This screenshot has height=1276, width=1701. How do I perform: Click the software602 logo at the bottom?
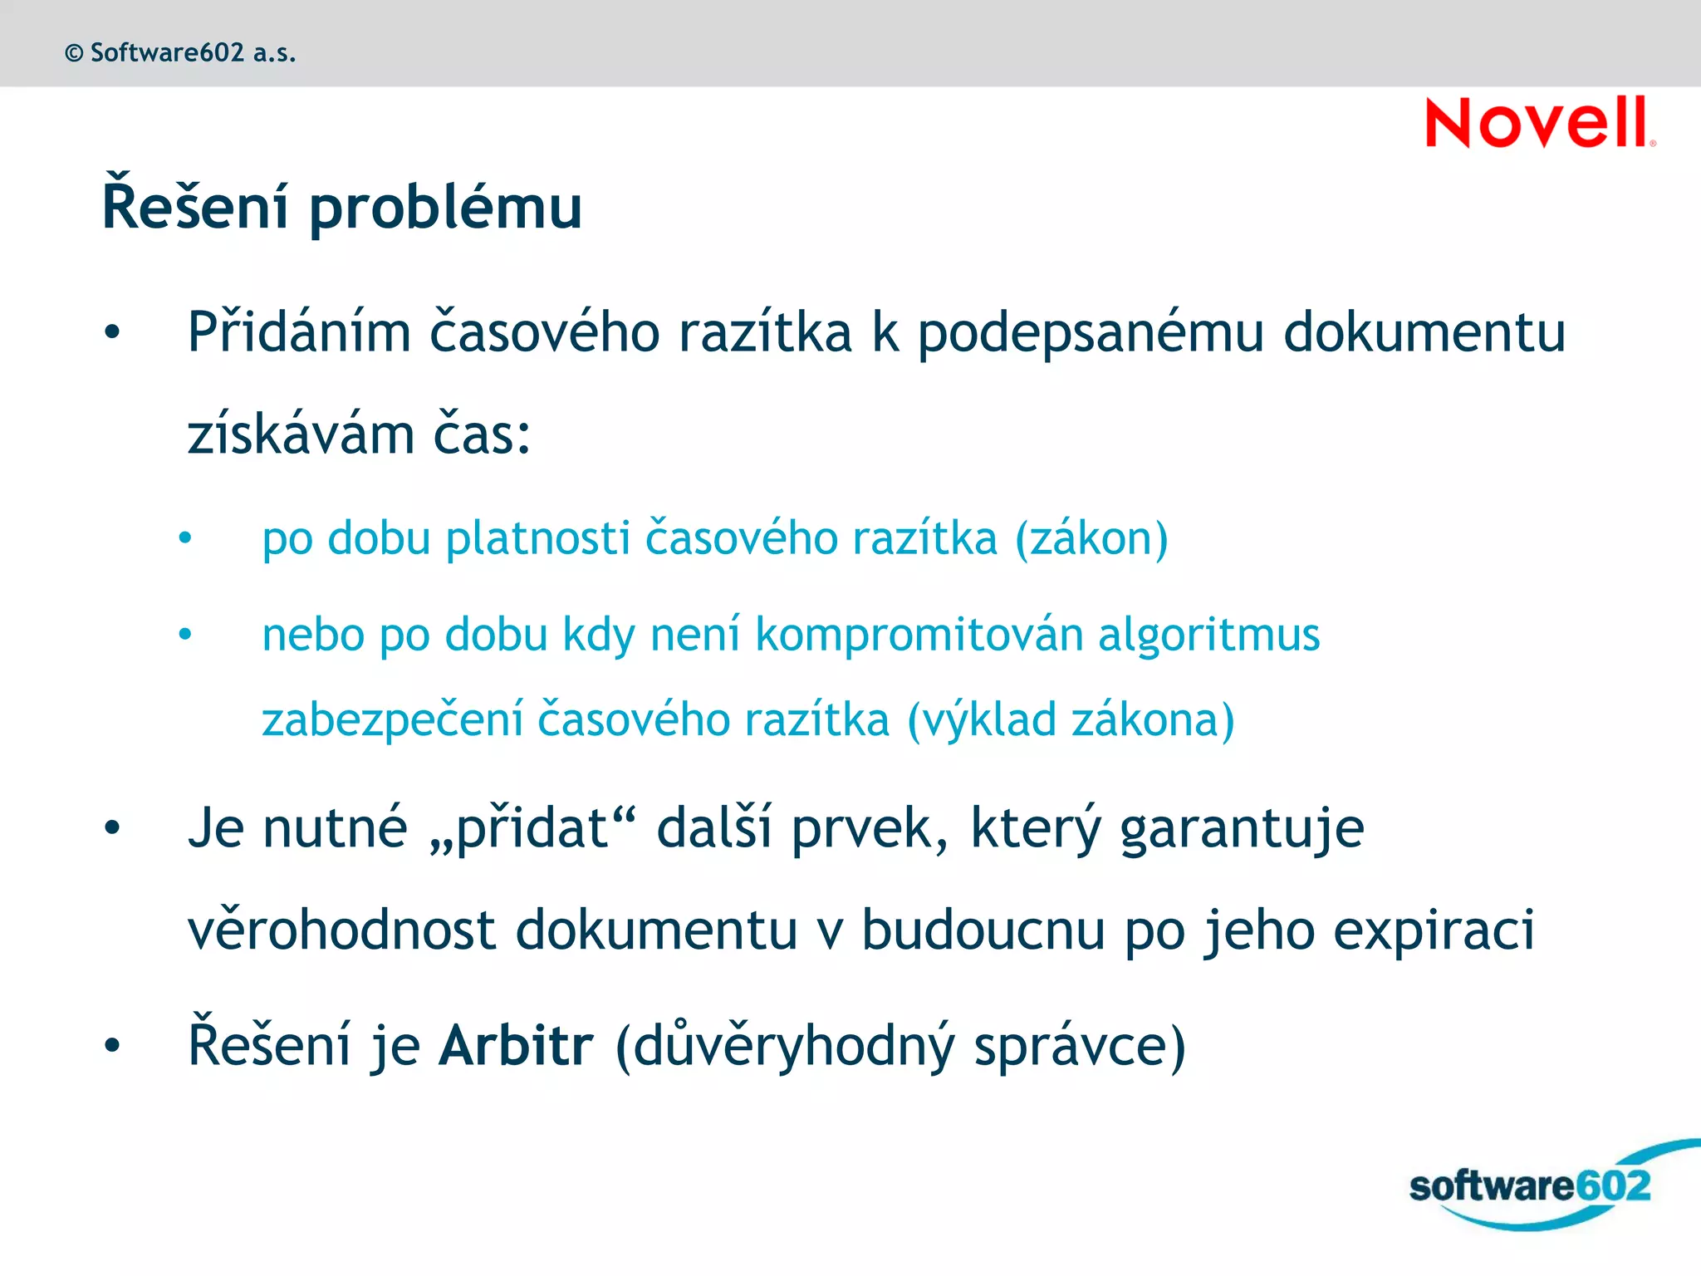point(1530,1185)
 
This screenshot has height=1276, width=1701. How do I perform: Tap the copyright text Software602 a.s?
point(180,53)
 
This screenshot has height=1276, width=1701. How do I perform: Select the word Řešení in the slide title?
point(195,204)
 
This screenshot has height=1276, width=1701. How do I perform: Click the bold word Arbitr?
point(516,1045)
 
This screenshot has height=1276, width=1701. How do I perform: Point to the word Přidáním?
point(299,332)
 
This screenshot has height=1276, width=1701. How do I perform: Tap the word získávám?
point(301,435)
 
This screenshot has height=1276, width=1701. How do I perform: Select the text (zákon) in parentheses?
point(1091,539)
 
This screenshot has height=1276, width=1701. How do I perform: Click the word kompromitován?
point(919,636)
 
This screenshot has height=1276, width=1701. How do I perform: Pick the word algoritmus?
point(1208,636)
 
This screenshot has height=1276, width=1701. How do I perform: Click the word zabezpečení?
point(393,720)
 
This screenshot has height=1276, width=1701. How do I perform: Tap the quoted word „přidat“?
point(532,828)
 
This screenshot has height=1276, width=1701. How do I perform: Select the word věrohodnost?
point(341,930)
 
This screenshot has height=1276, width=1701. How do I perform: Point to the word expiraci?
point(1434,930)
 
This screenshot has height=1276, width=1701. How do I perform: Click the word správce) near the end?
point(1080,1047)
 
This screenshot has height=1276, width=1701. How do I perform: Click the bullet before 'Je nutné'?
point(112,828)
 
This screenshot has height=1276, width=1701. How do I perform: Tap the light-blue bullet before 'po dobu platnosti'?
point(185,538)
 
